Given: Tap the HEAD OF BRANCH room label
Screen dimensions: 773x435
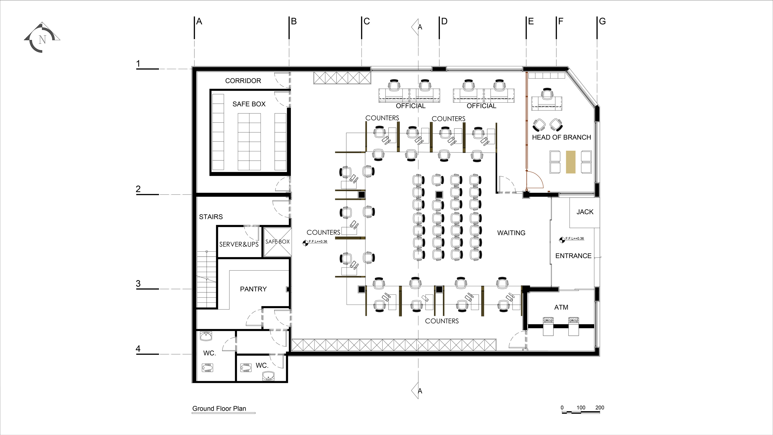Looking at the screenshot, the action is click(x=561, y=137).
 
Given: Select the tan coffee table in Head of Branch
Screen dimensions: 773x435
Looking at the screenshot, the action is click(x=571, y=162).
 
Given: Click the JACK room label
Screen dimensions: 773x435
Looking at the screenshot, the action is click(x=585, y=212).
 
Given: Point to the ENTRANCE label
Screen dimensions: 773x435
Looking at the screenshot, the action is click(x=573, y=256).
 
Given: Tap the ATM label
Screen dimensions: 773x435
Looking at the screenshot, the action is click(x=561, y=307).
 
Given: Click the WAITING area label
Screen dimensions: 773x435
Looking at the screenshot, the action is click(x=511, y=233).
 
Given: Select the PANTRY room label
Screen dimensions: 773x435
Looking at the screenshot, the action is click(x=253, y=289).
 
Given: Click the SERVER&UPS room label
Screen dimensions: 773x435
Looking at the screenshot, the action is click(x=239, y=244).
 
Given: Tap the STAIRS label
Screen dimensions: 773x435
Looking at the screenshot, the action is click(x=211, y=217).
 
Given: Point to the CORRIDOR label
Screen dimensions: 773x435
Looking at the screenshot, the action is click(x=243, y=81).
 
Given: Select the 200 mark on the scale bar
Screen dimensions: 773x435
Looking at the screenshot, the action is click(x=600, y=407).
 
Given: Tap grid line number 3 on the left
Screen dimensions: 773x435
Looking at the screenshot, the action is click(x=138, y=283).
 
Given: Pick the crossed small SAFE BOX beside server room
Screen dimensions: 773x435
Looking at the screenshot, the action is click(x=278, y=242).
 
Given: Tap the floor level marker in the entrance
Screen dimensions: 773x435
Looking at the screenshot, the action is click(x=562, y=240).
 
